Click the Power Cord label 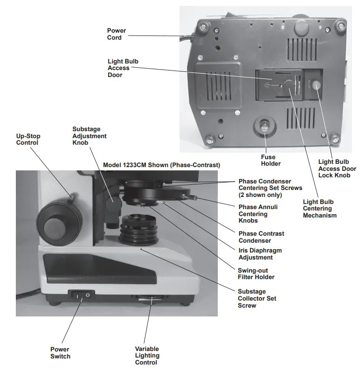coord(116,34)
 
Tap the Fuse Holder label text coord(271,161)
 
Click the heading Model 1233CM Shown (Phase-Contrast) coord(161,165)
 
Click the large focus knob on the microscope coord(58,221)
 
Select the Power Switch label coord(60,352)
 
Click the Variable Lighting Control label coord(147,355)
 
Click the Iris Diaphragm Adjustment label coord(260,254)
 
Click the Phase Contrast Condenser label coord(261,237)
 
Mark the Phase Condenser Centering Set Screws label coord(270,188)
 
